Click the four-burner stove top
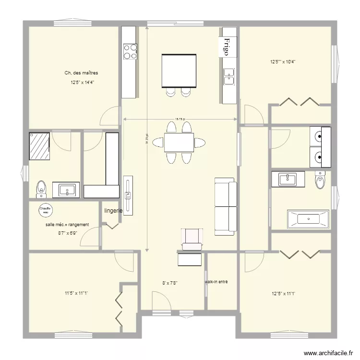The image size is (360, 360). [130, 51]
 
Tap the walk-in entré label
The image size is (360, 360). [216, 282]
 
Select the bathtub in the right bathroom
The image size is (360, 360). [308, 219]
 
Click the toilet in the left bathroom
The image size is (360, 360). [42, 189]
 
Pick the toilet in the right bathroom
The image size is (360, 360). [320, 180]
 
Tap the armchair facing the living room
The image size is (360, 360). [192, 239]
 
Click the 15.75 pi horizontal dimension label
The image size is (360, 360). [180, 119]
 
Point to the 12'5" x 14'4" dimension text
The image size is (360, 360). [82, 83]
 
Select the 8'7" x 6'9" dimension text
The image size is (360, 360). [68, 233]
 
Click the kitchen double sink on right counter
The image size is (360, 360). [229, 76]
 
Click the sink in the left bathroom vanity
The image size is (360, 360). [67, 191]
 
